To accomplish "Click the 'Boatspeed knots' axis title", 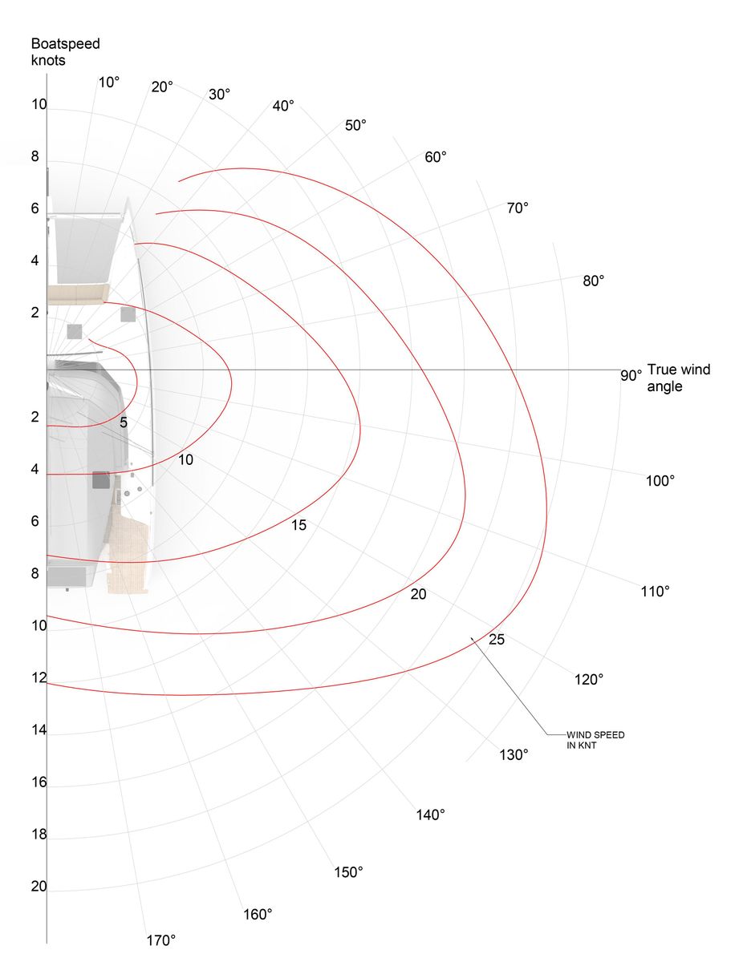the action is pos(66,52).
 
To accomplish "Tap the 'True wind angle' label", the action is pos(678,378).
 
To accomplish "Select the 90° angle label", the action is pos(631,375).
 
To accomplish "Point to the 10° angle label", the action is pos(109,83).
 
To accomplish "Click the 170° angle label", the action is pos(160,940).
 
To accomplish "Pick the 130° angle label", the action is pos(514,755).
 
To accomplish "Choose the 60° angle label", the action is pos(436,156).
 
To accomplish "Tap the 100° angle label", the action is pos(660,481).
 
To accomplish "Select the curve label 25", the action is pos(497,639).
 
